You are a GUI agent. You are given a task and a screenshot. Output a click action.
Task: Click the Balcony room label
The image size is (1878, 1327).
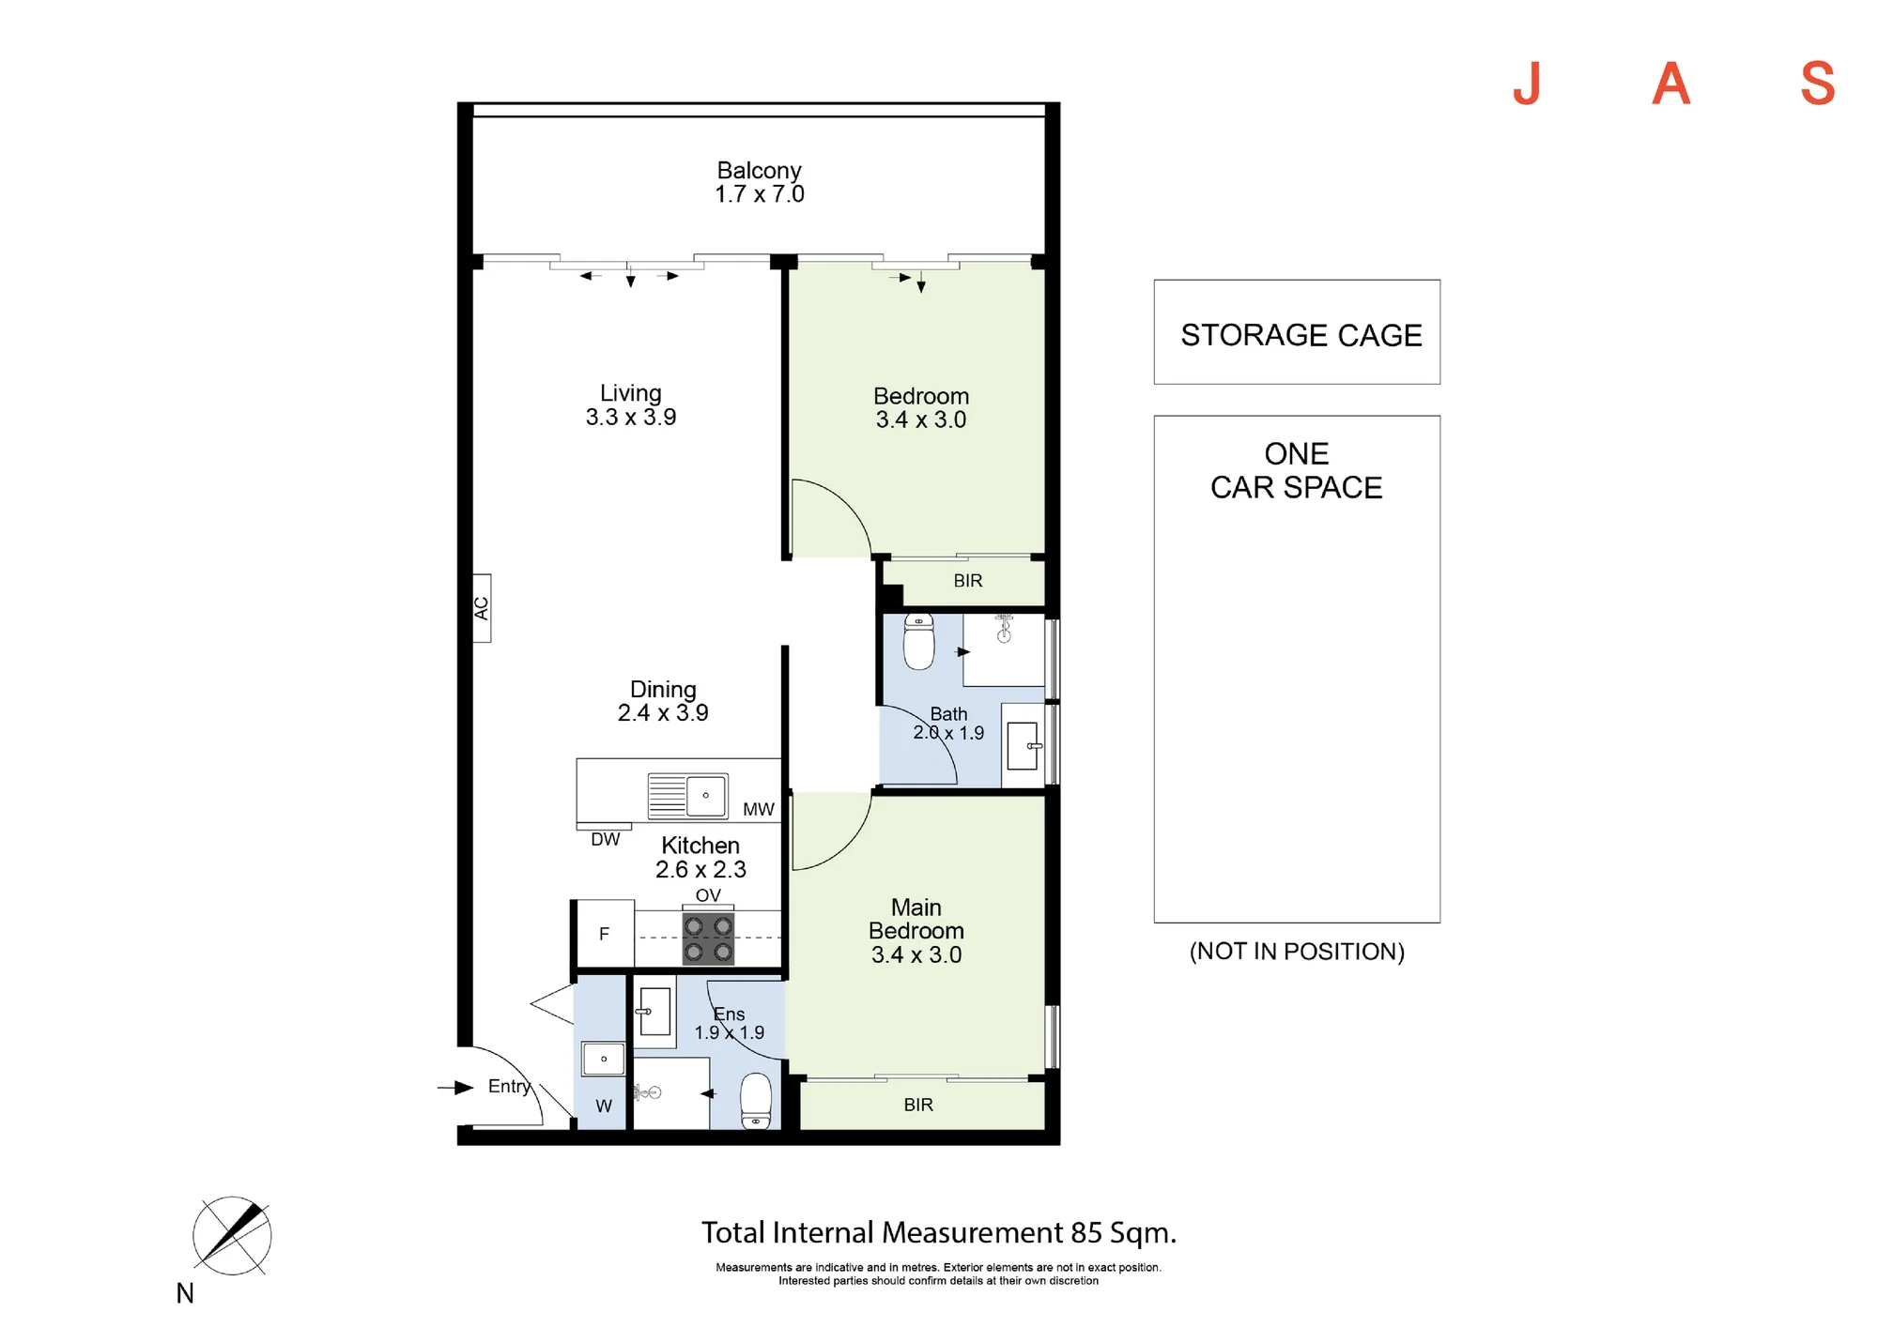pyautogui.click(x=759, y=171)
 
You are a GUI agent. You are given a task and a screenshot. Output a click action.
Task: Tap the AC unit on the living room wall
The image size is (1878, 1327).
pyautogui.click(x=482, y=608)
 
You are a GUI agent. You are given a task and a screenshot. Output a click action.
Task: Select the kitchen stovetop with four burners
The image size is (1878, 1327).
pyautogui.click(x=708, y=938)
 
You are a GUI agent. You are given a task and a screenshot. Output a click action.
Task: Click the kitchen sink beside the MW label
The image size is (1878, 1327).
pyautogui.click(x=688, y=796)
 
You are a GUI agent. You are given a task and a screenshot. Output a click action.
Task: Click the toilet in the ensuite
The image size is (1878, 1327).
pyautogui.click(x=756, y=1101)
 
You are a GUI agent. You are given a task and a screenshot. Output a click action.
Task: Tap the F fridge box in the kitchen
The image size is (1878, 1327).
pyautogui.click(x=605, y=934)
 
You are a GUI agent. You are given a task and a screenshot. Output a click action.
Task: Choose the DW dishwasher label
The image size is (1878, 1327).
pyautogui.click(x=606, y=839)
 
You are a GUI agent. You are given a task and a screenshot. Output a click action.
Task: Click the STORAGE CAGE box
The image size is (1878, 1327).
pyautogui.click(x=1297, y=332)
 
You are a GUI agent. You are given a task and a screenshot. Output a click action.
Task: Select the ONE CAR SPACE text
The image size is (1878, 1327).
pyautogui.click(x=1297, y=471)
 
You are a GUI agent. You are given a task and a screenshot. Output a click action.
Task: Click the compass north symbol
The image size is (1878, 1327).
pyautogui.click(x=232, y=1236)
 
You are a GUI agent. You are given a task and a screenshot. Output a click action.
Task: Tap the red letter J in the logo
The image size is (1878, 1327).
pyautogui.click(x=1528, y=84)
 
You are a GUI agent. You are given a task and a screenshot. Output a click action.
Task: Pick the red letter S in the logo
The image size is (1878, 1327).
pyautogui.click(x=1818, y=84)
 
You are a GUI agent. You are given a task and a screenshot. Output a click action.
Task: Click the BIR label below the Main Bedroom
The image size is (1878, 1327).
pyautogui.click(x=918, y=1105)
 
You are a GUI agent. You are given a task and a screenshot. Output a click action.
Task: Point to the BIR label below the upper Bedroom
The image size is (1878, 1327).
pyautogui.click(x=968, y=581)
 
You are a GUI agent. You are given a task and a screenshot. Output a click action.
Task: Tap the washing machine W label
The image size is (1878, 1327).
pyautogui.click(x=604, y=1106)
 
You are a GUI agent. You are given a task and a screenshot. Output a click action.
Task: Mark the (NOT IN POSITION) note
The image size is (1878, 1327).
pyautogui.click(x=1297, y=952)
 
